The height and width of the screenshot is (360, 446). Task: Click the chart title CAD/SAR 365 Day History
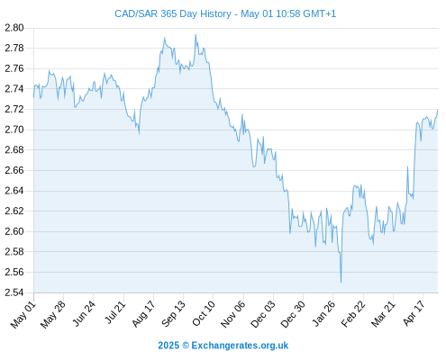[x=173, y=13]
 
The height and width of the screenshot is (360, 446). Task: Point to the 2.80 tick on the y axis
[x=14, y=28]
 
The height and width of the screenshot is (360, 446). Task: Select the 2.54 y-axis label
[x=14, y=292]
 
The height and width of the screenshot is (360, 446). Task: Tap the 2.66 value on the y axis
[x=14, y=170]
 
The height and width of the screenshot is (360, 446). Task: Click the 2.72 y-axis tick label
[x=14, y=109]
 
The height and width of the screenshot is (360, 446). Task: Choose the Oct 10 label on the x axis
[x=204, y=313]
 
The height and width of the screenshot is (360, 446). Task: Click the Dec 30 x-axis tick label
[x=293, y=314]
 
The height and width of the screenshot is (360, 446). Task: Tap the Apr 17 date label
[x=414, y=313]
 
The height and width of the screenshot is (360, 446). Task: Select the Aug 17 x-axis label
[x=143, y=314]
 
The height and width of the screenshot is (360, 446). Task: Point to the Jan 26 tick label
[x=323, y=313]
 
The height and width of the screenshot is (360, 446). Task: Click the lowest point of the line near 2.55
[x=341, y=283]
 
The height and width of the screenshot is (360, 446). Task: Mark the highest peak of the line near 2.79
[x=196, y=35]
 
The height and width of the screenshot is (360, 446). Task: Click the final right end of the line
[x=438, y=110]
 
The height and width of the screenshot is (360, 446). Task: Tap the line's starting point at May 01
[x=33, y=97]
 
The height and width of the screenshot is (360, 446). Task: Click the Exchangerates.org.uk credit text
[x=240, y=346]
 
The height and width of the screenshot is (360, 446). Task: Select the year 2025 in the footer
[x=168, y=346]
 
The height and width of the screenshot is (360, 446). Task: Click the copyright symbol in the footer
[x=186, y=346]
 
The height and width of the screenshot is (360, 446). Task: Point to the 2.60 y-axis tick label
[x=14, y=231]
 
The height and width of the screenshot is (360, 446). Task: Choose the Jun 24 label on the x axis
[x=84, y=314]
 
